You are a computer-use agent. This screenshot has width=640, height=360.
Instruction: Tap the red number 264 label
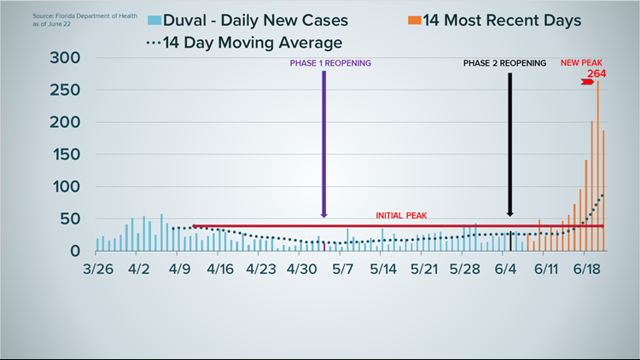coord(607,75)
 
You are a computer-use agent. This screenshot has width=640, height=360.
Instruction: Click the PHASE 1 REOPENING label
coord(331,63)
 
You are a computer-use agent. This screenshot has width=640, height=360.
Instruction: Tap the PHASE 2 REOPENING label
coord(504,63)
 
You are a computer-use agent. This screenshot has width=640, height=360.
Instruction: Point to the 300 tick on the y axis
coord(66,58)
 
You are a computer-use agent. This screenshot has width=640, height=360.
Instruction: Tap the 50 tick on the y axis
coord(72,219)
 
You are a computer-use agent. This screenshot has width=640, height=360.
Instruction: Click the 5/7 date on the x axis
coord(342,268)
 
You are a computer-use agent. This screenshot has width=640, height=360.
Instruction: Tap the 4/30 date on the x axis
coord(302,268)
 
